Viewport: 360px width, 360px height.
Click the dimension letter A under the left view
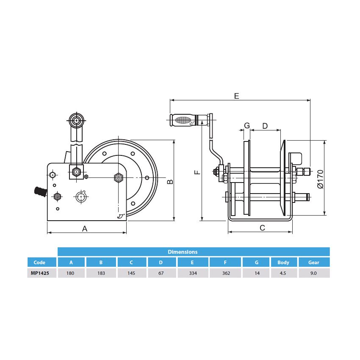85,229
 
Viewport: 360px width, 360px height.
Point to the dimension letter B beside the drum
169,182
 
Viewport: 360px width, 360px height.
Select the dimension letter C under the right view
262,228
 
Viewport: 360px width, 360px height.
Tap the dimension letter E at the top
237,96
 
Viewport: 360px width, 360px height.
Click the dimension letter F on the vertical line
197,172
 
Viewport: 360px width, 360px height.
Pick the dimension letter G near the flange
247,126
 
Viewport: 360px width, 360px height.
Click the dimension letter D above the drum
265,126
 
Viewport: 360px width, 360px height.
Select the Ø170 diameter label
320,178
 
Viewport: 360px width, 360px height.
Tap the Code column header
39,262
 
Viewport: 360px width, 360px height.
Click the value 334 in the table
193,273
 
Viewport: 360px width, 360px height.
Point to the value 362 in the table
226,273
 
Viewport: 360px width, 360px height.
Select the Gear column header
313,262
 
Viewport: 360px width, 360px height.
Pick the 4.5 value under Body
283,273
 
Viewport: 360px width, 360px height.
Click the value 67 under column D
161,273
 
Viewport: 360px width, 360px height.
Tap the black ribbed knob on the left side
39,191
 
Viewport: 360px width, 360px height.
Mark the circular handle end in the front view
76,120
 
